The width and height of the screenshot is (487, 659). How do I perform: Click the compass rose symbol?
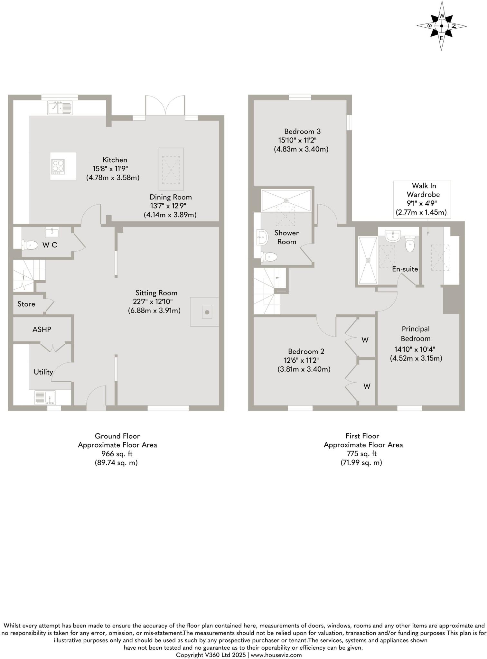[441, 26]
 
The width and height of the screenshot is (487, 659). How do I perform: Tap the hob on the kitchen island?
[58, 166]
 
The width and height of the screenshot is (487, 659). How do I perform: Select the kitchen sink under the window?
[60, 107]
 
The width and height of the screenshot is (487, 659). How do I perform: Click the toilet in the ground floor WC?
[30, 245]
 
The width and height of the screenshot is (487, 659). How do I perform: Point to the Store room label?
[26, 304]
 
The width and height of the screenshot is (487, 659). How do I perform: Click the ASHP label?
[42, 329]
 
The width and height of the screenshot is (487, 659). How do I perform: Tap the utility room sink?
[45, 397]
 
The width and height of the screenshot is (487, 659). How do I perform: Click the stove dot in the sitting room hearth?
[207, 312]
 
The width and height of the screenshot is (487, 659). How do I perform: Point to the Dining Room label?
[171, 197]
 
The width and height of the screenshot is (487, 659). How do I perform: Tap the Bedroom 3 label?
[302, 131]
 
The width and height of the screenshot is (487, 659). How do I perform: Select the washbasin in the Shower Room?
[262, 237]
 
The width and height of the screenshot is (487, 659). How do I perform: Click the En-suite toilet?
[410, 245]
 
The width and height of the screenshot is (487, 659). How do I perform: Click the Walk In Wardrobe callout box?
[422, 199]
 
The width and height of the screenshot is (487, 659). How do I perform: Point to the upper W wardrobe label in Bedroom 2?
[365, 340]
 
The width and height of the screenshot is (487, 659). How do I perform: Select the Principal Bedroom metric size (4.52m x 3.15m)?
[416, 358]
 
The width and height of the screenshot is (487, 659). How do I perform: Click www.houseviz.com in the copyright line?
[276, 655]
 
